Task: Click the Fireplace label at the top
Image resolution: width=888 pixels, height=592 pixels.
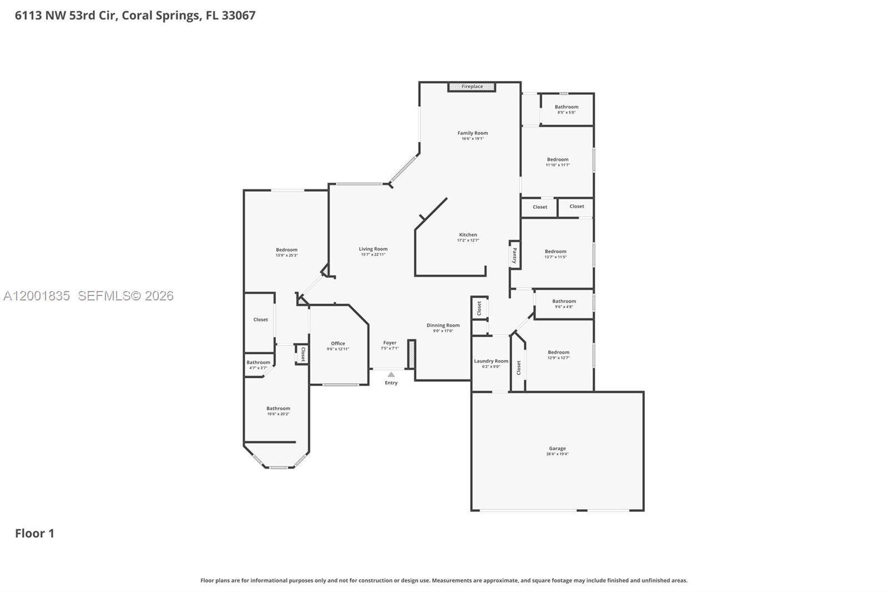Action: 472,87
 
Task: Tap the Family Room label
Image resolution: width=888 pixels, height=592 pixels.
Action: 472,133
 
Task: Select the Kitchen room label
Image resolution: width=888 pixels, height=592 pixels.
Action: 468,235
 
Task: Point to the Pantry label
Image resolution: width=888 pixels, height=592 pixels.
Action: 514,255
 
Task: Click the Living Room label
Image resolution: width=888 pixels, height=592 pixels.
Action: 373,249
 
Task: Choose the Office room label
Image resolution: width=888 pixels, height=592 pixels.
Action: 338,344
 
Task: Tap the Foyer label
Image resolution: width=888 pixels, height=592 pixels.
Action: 390,343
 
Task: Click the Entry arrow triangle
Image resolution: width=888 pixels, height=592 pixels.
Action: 391,374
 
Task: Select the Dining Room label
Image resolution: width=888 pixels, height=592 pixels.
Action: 443,325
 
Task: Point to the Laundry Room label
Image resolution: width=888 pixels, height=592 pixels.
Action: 491,361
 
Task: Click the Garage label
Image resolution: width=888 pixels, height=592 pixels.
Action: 557,448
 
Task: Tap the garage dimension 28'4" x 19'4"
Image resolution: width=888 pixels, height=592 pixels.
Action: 557,454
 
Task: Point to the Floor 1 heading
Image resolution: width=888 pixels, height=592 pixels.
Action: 34,534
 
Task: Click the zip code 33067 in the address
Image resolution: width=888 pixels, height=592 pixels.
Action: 239,16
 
